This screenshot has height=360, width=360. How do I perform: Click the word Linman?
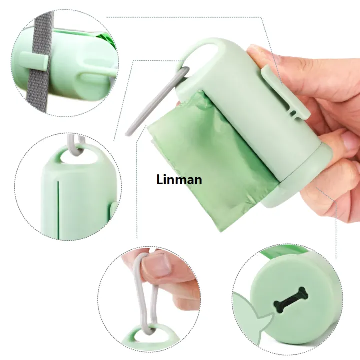pyautogui.click(x=179, y=180)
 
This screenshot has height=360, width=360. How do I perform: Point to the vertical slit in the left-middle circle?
pyautogui.click(x=58, y=210)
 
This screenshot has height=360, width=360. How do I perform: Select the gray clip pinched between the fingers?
pyautogui.click(x=144, y=296)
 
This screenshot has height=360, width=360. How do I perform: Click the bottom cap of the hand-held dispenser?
pyautogui.click(x=298, y=181)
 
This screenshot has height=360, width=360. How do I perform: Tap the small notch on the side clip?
pyautogui.click(x=293, y=113)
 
